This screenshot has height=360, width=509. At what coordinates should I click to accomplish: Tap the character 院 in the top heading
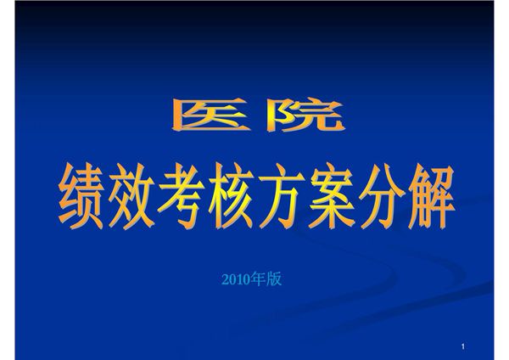coord(303,116)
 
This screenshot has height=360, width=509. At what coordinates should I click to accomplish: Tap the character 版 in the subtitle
coord(272,279)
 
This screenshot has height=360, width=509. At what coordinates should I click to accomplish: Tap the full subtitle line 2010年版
coord(250,279)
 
